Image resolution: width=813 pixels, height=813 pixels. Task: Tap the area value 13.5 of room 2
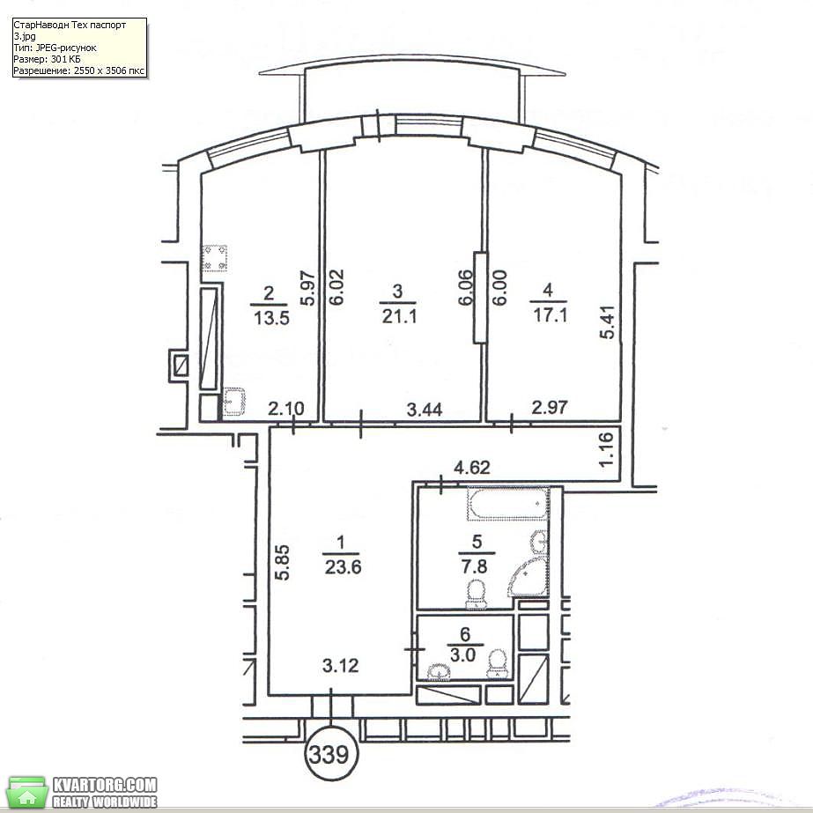coord(271,317)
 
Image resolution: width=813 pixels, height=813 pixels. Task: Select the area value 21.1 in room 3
coord(399,315)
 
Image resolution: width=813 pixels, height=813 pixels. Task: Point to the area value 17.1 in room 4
coord(551,314)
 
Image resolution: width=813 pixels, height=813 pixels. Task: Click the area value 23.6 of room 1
coord(343,566)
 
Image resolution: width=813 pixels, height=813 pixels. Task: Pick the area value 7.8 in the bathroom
coord(474,565)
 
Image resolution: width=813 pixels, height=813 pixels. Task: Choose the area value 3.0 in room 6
coord(462,654)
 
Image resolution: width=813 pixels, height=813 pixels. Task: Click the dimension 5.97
coord(308,288)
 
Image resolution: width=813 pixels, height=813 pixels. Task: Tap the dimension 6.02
coord(336,287)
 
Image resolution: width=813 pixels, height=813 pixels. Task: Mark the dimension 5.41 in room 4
coord(607,322)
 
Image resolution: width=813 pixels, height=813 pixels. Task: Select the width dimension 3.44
coord(425,410)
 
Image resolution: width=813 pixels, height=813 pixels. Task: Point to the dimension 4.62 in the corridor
coord(472,468)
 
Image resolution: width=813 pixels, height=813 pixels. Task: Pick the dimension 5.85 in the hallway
coord(283,562)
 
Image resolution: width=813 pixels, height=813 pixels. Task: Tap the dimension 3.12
coord(340,665)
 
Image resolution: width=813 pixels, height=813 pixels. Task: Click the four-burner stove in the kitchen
coord(215,258)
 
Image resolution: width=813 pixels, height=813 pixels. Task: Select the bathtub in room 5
coord(508,504)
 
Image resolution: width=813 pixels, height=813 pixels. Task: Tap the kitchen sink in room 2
coord(234,402)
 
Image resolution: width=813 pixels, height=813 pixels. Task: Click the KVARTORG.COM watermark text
coord(104,785)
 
